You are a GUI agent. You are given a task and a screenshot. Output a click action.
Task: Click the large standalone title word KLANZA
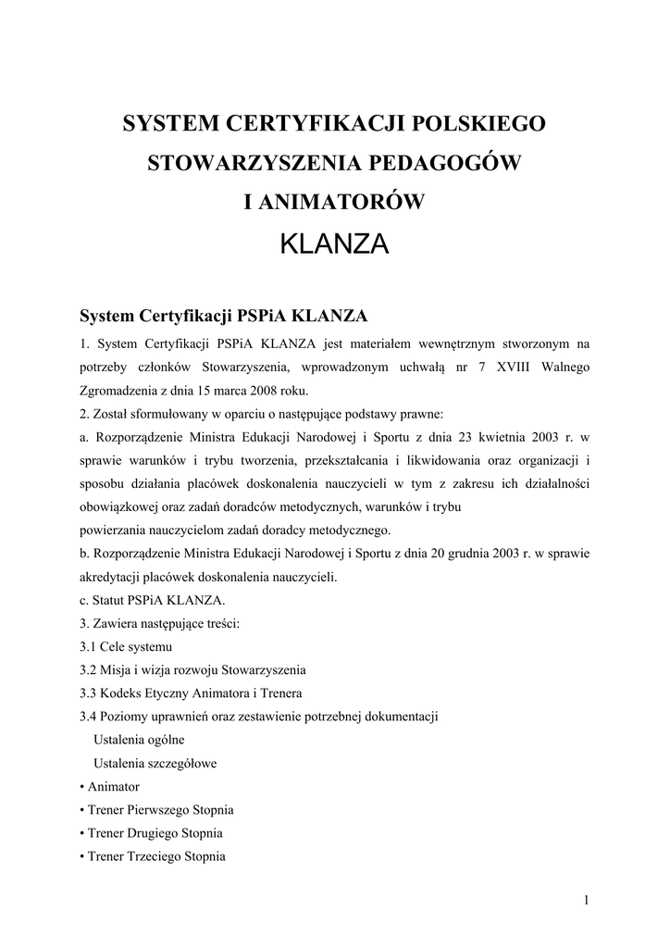point(334,244)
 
